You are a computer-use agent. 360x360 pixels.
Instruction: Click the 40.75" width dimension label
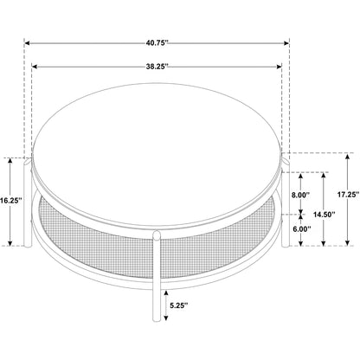click(157, 43)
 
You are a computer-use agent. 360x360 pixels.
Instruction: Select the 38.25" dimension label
click(157, 67)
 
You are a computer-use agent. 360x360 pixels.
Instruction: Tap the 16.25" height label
click(10, 201)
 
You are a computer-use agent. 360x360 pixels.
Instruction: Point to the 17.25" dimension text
click(348, 195)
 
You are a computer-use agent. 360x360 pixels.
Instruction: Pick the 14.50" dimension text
click(324, 215)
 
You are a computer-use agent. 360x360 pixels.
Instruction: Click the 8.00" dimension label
click(300, 195)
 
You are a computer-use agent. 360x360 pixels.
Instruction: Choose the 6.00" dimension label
click(301, 229)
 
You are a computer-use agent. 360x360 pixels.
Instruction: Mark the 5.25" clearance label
click(179, 305)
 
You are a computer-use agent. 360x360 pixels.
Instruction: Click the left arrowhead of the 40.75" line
click(27, 43)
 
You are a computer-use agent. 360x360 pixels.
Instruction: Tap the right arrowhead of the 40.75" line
click(286, 43)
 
